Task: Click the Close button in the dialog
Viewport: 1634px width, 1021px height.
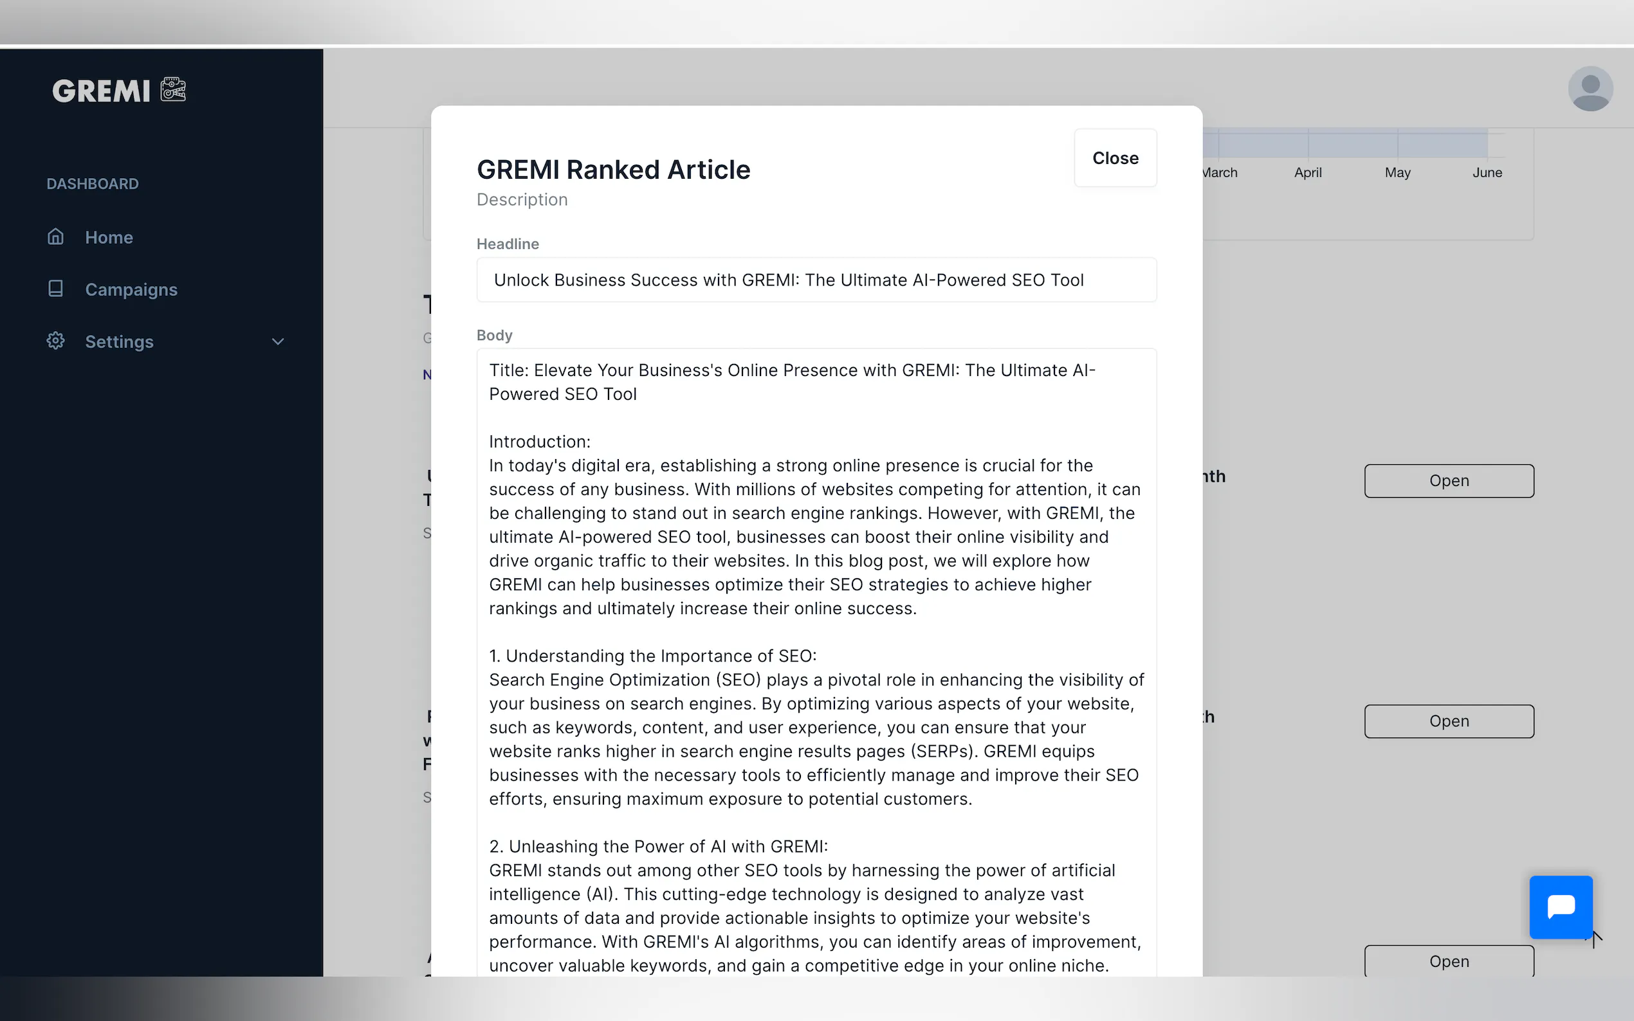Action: pyautogui.click(x=1115, y=158)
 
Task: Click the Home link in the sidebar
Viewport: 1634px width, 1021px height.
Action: pyautogui.click(x=109, y=238)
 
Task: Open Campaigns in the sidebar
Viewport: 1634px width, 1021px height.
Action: pyautogui.click(x=131, y=290)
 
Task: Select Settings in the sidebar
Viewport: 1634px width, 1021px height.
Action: pyautogui.click(x=119, y=341)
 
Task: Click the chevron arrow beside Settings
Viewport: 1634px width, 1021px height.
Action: pyautogui.click(x=278, y=341)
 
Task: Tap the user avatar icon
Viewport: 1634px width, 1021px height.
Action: pyautogui.click(x=1590, y=89)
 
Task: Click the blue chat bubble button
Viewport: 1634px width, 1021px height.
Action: pyautogui.click(x=1561, y=907)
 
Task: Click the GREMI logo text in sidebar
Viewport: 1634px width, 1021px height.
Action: pyautogui.click(x=102, y=91)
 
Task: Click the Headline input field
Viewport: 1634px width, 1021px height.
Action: pyautogui.click(x=816, y=280)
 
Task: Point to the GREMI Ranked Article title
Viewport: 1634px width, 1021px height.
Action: pyautogui.click(x=613, y=170)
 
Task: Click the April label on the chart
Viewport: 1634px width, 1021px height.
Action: pyautogui.click(x=1308, y=173)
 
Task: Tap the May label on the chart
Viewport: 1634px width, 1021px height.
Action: pyautogui.click(x=1397, y=173)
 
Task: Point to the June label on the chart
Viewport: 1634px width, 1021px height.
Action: pyautogui.click(x=1487, y=173)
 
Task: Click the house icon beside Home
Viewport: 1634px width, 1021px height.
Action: pyautogui.click(x=55, y=237)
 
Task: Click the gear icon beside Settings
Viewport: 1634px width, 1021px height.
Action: pyautogui.click(x=55, y=341)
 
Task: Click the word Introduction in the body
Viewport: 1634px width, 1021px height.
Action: pyautogui.click(x=538, y=442)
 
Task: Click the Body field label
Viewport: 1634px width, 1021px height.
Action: pyautogui.click(x=495, y=336)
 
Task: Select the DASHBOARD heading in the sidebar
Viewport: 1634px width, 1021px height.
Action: pyautogui.click(x=93, y=184)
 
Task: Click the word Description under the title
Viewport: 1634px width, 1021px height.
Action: pyautogui.click(x=522, y=200)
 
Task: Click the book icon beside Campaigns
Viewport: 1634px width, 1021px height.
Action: pyautogui.click(x=55, y=289)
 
